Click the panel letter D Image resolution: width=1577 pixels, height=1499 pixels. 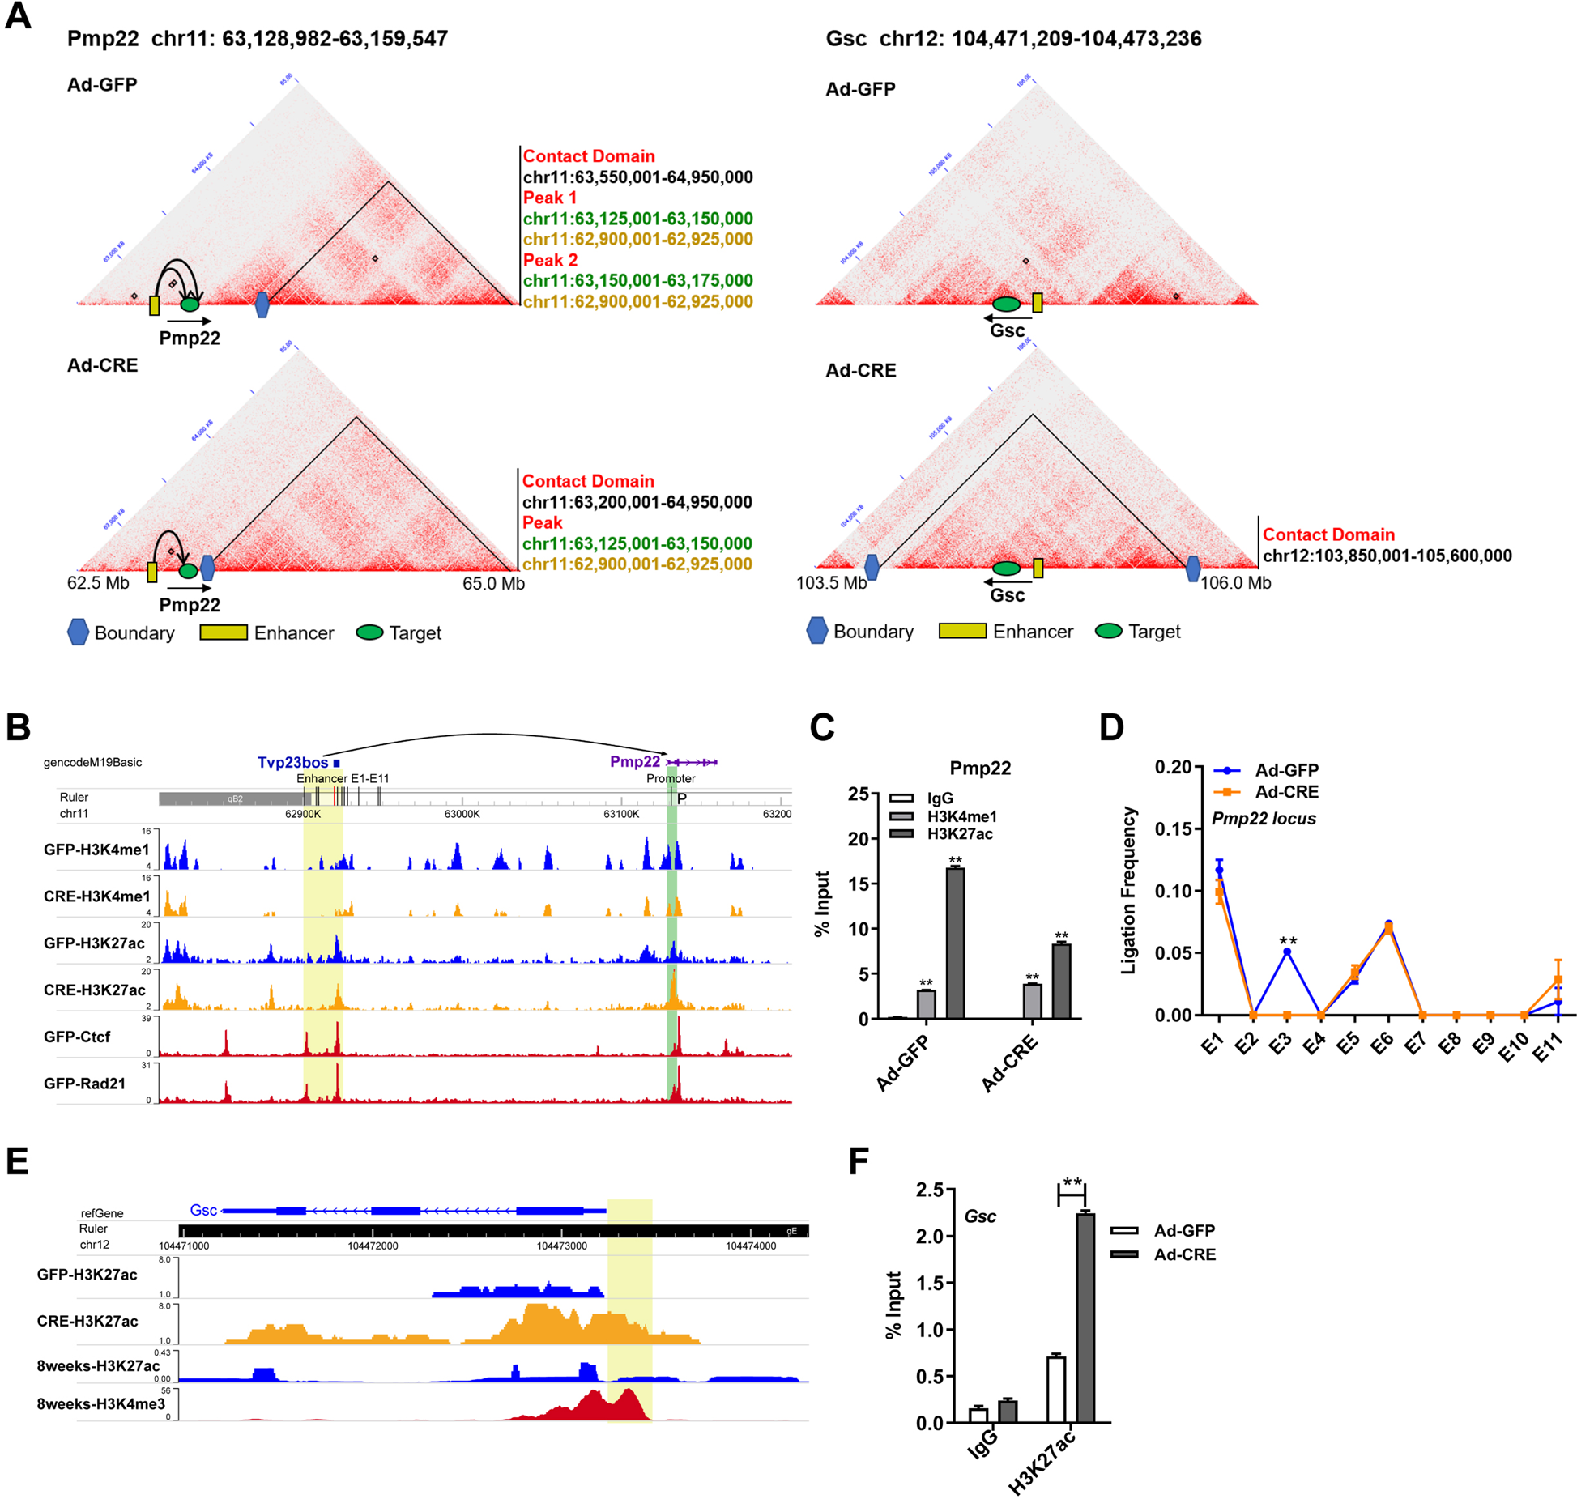pyautogui.click(x=1110, y=727)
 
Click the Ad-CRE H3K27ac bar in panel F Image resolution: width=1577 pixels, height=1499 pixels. pyautogui.click(x=1085, y=1318)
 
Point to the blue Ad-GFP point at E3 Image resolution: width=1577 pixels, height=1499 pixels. pyautogui.click(x=1286, y=952)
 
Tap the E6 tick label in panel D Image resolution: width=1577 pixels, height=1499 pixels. pyautogui.click(x=1381, y=1045)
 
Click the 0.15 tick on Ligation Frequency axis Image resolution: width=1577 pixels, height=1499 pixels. pyautogui.click(x=1173, y=828)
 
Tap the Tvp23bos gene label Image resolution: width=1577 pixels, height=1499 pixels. pyautogui.click(x=292, y=762)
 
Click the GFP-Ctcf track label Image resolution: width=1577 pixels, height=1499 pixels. pyautogui.click(x=77, y=1037)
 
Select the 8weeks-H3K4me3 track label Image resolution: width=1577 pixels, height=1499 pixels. pyautogui.click(x=100, y=1403)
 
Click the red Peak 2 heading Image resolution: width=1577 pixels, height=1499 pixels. pyautogui.click(x=550, y=260)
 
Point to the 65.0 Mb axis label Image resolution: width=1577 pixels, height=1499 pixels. pyautogui.click(x=493, y=583)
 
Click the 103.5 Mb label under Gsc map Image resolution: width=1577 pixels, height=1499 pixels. pyautogui.click(x=831, y=582)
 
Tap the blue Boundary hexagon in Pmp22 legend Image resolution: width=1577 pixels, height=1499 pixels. pyautogui.click(x=78, y=632)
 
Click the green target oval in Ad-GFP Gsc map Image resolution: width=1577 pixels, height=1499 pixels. pyautogui.click(x=1006, y=304)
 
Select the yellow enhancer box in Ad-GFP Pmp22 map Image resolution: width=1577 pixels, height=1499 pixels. pyautogui.click(x=155, y=305)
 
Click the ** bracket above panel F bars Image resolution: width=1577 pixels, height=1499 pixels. pyautogui.click(x=1072, y=1185)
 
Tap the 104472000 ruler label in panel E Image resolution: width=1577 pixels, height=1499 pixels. pyautogui.click(x=373, y=1246)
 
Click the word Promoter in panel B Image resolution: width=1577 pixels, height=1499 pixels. pyautogui.click(x=670, y=778)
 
